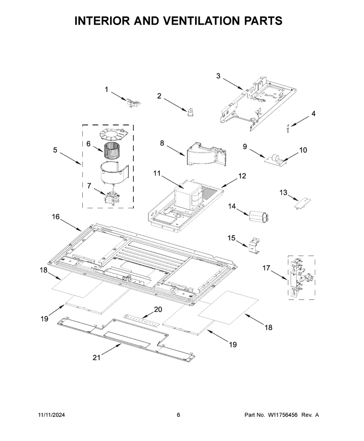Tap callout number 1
click(x=106, y=90)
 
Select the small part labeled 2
click(x=191, y=112)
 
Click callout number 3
click(x=218, y=75)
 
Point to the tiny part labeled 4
click(x=288, y=128)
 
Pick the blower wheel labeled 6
click(x=111, y=151)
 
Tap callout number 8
click(x=162, y=143)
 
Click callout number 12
click(x=242, y=176)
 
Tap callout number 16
click(x=56, y=217)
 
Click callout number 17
click(x=266, y=268)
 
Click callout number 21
click(x=96, y=357)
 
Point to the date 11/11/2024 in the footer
click(x=51, y=415)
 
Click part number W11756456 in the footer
click(x=283, y=415)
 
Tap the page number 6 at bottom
click(x=178, y=415)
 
